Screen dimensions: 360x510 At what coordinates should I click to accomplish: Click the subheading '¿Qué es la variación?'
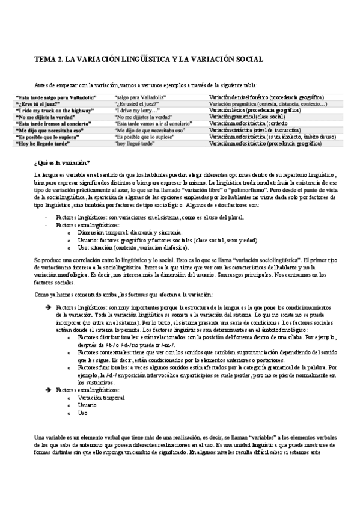63,164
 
